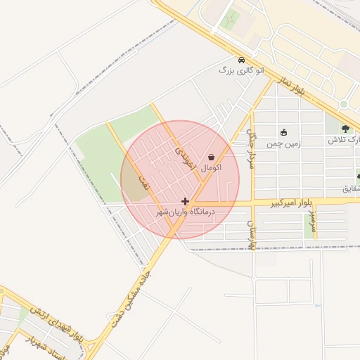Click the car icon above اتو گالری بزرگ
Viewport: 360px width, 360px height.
(x=242, y=60)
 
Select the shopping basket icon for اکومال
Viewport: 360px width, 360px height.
(x=212, y=157)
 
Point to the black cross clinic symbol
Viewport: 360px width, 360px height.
(x=185, y=201)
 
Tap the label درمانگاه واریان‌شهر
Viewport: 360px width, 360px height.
(x=184, y=212)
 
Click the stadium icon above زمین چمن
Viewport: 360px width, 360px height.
(x=283, y=132)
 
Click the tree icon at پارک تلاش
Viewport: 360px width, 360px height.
(x=345, y=129)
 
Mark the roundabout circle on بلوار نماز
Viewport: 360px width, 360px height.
(x=344, y=104)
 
